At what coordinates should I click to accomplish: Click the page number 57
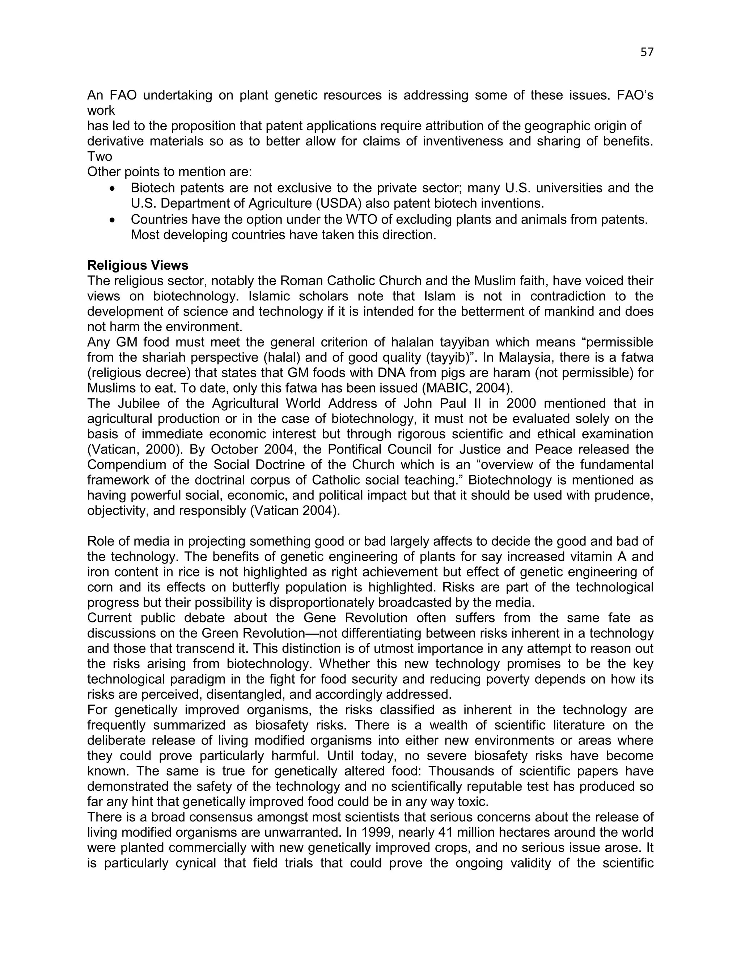click(647, 52)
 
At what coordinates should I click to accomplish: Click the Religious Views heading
click(138, 265)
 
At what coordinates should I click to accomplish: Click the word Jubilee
click(136, 404)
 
